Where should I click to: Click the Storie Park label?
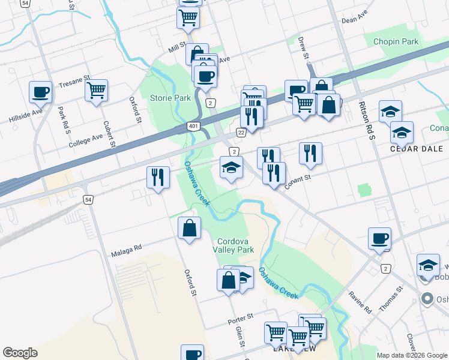pos(170,98)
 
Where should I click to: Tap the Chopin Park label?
pos(396,41)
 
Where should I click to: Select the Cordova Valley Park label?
pos(234,245)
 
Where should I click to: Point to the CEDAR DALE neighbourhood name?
pos(416,148)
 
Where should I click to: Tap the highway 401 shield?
pos(193,126)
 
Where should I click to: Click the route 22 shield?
pos(241,132)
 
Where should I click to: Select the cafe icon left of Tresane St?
pos(40,92)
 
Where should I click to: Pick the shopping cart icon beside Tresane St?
pos(96,91)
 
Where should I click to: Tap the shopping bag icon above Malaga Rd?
pos(189,227)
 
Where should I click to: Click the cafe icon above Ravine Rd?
pos(379,238)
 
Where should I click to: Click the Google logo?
pos(20,353)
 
